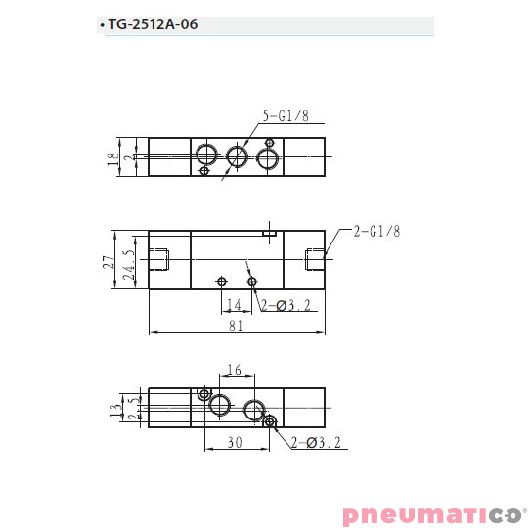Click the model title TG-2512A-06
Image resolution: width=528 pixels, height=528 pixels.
click(153, 25)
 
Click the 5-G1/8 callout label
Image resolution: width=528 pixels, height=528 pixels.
click(286, 118)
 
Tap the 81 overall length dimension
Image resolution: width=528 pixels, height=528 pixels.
click(236, 327)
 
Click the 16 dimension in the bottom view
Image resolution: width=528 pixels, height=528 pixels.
click(235, 371)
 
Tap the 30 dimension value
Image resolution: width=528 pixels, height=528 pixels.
click(235, 442)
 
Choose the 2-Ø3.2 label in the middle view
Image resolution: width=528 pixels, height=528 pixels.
click(286, 305)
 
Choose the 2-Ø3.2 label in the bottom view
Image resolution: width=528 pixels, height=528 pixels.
click(316, 442)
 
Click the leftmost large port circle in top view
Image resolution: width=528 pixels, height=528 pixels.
click(205, 154)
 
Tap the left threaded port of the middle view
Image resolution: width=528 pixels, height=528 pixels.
click(162, 260)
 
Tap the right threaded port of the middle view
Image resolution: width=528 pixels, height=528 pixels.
click(315, 259)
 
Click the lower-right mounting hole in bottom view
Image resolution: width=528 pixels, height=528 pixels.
click(271, 422)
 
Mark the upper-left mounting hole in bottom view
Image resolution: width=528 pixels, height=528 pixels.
click(204, 393)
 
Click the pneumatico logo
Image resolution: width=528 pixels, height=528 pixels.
click(434, 514)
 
